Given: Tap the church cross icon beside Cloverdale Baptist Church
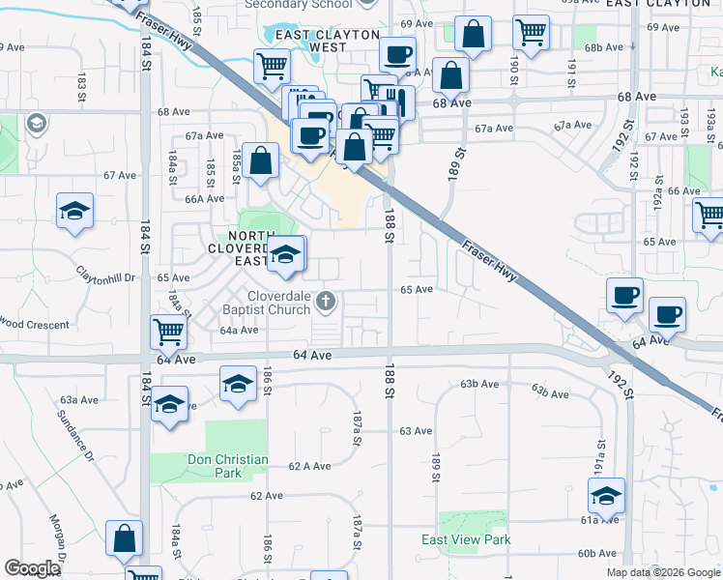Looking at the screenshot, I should pos(326,303).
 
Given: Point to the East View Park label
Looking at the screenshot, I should pos(466,539).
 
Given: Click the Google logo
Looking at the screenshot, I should pos(33,568).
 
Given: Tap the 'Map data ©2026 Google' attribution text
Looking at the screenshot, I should pos(664,572).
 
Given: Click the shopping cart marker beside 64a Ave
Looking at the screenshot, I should pos(169,333).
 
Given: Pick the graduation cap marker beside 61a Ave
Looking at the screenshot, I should pos(606,496).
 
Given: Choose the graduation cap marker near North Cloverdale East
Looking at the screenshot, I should pos(285,254).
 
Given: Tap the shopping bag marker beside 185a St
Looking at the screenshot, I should pos(261,161).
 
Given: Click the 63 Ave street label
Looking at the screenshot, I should pos(415,430).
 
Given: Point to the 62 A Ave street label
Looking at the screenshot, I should pos(310,466).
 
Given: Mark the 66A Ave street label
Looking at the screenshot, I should pos(205,199).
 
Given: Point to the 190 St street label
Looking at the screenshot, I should pos(516,65).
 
